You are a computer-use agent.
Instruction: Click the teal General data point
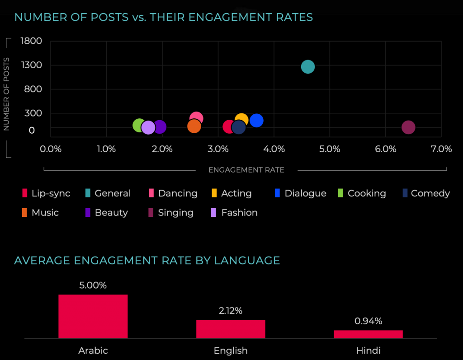[308, 67]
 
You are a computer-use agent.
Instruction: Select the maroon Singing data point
[408, 127]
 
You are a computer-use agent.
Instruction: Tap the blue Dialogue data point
[256, 121]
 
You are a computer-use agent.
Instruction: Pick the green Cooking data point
[139, 126]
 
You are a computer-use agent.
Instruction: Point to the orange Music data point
[194, 126]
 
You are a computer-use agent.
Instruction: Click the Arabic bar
[93, 316]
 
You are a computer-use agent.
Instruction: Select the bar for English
[231, 329]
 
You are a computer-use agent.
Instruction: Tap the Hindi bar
[368, 334]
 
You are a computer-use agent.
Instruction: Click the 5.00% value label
[93, 285]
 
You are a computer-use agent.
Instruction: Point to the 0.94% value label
[368, 321]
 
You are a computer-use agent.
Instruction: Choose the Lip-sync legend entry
[46, 193]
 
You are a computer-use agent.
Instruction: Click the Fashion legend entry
[235, 213]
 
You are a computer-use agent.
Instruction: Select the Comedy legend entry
[425, 193]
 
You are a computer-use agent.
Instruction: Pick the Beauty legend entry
[107, 213]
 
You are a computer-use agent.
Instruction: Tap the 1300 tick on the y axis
[31, 65]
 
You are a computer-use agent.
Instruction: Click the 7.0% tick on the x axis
[441, 149]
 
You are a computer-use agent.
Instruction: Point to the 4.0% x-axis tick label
[274, 149]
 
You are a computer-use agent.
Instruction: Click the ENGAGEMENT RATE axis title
[246, 170]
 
